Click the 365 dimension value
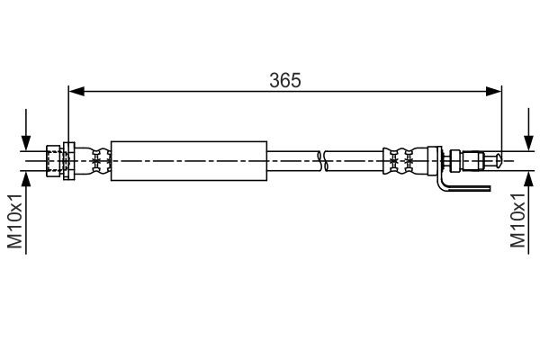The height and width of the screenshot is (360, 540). pyautogui.click(x=284, y=79)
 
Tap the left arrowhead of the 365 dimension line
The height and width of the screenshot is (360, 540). pyautogui.click(x=76, y=90)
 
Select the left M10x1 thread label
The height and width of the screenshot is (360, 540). pyautogui.click(x=16, y=220)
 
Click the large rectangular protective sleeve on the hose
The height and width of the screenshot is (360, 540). pyautogui.click(x=189, y=160)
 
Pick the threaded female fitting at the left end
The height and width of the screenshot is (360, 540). pyautogui.click(x=53, y=160)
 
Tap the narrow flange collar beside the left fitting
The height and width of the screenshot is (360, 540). pyautogui.click(x=67, y=160)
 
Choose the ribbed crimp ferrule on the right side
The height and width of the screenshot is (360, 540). pyautogui.click(x=400, y=160)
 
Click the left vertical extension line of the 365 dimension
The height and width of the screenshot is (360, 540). pyautogui.click(x=68, y=117)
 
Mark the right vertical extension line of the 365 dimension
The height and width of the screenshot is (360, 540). pyautogui.click(x=500, y=117)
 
